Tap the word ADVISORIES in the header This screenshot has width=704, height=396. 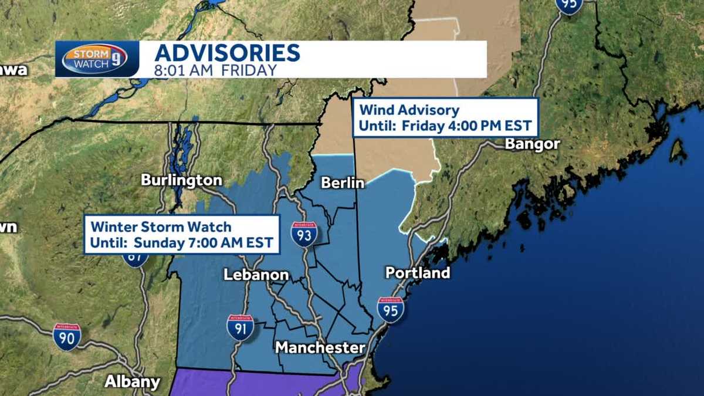(227, 53)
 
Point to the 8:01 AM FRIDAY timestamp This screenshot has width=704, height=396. (215, 70)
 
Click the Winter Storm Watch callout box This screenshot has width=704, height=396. (181, 235)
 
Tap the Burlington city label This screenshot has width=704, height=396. (181, 180)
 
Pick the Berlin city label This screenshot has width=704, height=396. (343, 183)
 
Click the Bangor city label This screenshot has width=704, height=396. (532, 144)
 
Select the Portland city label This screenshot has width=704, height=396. (417, 273)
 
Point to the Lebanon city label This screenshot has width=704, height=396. (256, 275)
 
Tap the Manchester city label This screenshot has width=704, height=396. (320, 347)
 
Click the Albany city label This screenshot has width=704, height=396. (132, 382)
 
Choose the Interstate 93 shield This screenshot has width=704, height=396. (304, 233)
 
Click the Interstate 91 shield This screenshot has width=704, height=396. (241, 327)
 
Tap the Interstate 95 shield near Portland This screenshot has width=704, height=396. (390, 309)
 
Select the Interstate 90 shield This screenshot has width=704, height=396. (67, 337)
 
